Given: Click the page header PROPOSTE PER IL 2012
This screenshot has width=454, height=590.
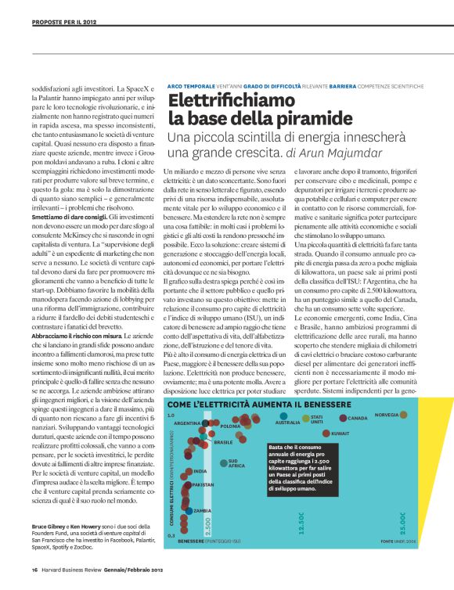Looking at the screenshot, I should (65, 23).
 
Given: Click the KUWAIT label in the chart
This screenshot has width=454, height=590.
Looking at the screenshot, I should (340, 433).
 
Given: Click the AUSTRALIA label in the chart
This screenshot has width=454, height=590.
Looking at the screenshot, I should (288, 423).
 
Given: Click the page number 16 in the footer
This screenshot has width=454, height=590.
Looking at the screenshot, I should (35, 569).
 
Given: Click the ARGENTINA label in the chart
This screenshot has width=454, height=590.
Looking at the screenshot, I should (188, 423).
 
